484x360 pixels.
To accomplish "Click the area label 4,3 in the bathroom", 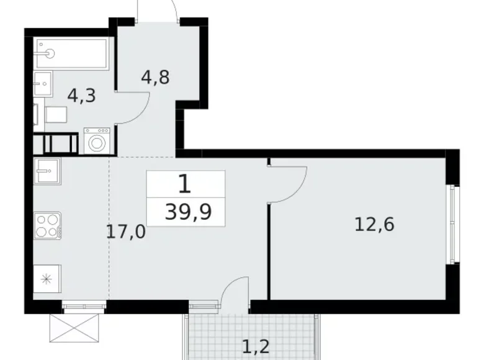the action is (82, 96).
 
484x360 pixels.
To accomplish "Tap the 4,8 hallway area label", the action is (155, 77).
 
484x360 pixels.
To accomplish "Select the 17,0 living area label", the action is (125, 232).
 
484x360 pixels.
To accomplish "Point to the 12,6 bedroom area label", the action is (374, 224).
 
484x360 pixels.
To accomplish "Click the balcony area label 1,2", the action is (256, 347).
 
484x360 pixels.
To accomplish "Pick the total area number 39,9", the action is (188, 212).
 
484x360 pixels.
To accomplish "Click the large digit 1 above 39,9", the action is (185, 184).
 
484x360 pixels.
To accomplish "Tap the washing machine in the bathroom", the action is (97, 141).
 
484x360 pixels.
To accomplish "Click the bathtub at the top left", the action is (71, 53).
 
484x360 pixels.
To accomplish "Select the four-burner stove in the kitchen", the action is (48, 226).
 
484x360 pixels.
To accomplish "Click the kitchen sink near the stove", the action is (47, 171).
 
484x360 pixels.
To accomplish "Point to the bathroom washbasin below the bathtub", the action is (43, 83).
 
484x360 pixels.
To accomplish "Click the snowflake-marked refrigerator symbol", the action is (47, 279).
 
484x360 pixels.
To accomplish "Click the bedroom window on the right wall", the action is (453, 224).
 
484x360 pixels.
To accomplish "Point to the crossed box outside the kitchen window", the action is (74, 328).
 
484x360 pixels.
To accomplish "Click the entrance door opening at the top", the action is (158, 20).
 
